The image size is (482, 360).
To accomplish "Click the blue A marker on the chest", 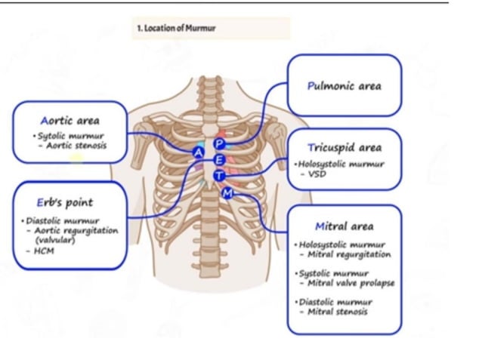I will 199,152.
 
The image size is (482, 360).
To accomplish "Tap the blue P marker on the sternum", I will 220,143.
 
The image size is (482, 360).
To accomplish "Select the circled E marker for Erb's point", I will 219,159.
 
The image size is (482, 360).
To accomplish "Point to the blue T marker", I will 219,175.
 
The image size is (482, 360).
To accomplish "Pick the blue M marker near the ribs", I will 228,193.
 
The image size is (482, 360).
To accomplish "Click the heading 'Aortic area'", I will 70,120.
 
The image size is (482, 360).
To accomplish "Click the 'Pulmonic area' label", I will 345,85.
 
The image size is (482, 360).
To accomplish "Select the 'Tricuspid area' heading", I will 345,147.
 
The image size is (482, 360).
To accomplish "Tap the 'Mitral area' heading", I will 344,226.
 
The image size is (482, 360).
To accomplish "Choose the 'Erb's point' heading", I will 65,202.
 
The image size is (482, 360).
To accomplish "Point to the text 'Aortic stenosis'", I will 76,145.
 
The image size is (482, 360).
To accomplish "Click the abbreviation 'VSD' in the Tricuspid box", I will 316,173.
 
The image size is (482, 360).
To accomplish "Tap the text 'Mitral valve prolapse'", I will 351,283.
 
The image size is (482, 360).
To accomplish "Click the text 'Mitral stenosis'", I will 337,311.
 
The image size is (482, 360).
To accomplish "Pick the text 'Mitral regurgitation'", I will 349,254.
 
